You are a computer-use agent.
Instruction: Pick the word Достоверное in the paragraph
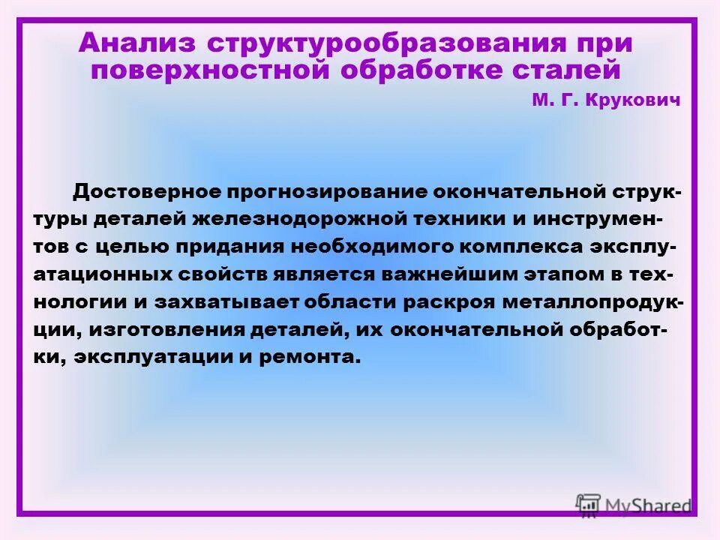pos(149,191)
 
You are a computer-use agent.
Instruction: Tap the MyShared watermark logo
pos(634,505)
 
